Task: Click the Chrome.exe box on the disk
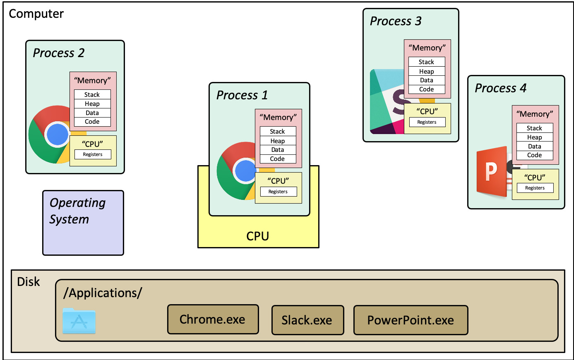[x=213, y=319]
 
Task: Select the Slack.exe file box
[x=307, y=320]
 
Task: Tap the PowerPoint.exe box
[x=411, y=320]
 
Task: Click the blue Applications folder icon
[x=79, y=321]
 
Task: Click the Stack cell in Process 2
[x=92, y=94]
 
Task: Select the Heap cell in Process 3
[x=427, y=71]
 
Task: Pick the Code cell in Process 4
[x=535, y=155]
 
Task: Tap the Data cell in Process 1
[x=278, y=150]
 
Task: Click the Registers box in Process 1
[x=278, y=192]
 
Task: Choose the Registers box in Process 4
[x=535, y=188]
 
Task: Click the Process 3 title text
[x=396, y=21]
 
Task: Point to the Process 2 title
[x=59, y=53]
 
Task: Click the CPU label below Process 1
[x=258, y=236]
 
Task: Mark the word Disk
[x=29, y=282]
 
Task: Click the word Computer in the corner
[x=36, y=14]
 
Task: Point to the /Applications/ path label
[x=103, y=293]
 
